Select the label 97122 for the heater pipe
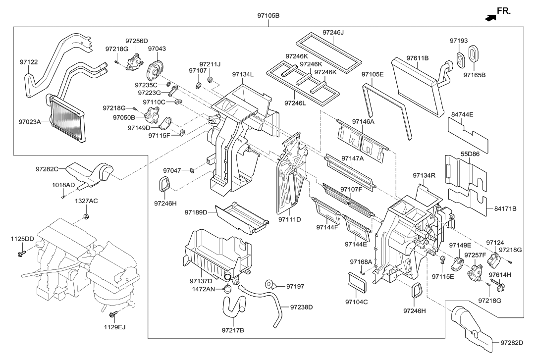coord(29,62)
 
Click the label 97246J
coord(333,33)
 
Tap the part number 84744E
coord(462,114)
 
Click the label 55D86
coord(471,154)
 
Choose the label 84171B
coord(505,209)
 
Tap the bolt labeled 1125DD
coord(21,255)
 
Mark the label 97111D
coord(289,219)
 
